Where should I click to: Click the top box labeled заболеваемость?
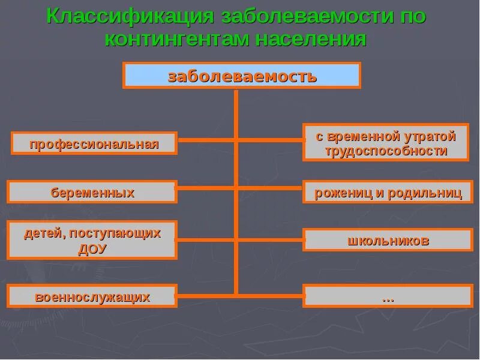coord(242,76)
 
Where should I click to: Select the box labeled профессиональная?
coord(94,143)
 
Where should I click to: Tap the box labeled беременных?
coord(92,192)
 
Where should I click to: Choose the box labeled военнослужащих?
coord(92,296)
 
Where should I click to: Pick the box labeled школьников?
coord(388,240)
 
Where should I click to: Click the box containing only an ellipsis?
coord(388,296)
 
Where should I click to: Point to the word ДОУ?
coord(92,248)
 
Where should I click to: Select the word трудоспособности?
coord(386,151)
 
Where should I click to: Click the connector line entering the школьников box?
coord(270,239)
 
